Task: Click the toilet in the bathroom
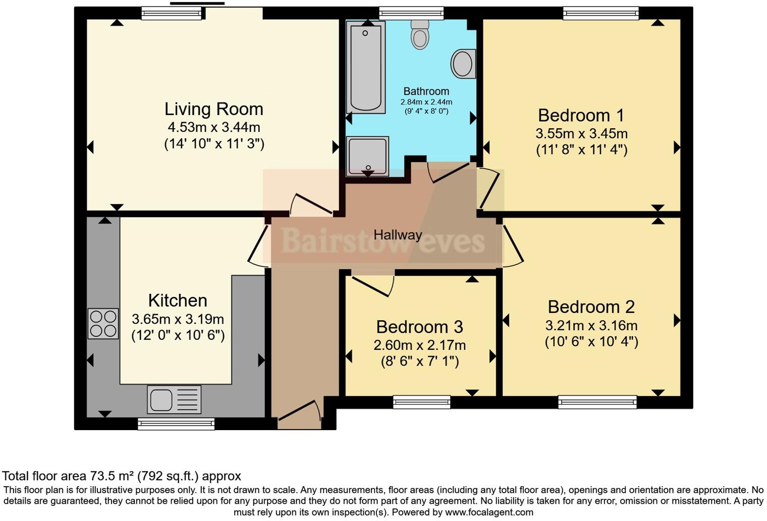pos(420,35)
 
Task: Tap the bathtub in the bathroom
pos(366,67)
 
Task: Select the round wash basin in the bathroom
pos(463,64)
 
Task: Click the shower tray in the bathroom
pos(367,156)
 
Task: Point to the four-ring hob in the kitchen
pos(103,324)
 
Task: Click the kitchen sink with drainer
pos(174,399)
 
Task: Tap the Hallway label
pos(398,235)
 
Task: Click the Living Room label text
pos(214,109)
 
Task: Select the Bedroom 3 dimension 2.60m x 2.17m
pos(419,345)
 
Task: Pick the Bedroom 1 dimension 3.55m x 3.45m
pos(581,134)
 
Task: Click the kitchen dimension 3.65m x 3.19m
pos(178,319)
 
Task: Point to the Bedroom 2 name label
pos(591,307)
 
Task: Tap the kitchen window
pos(176,424)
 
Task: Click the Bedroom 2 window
pos(597,402)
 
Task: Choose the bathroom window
pos(411,13)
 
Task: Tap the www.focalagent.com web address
pos(489,512)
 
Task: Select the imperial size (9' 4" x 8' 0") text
pos(426,111)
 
